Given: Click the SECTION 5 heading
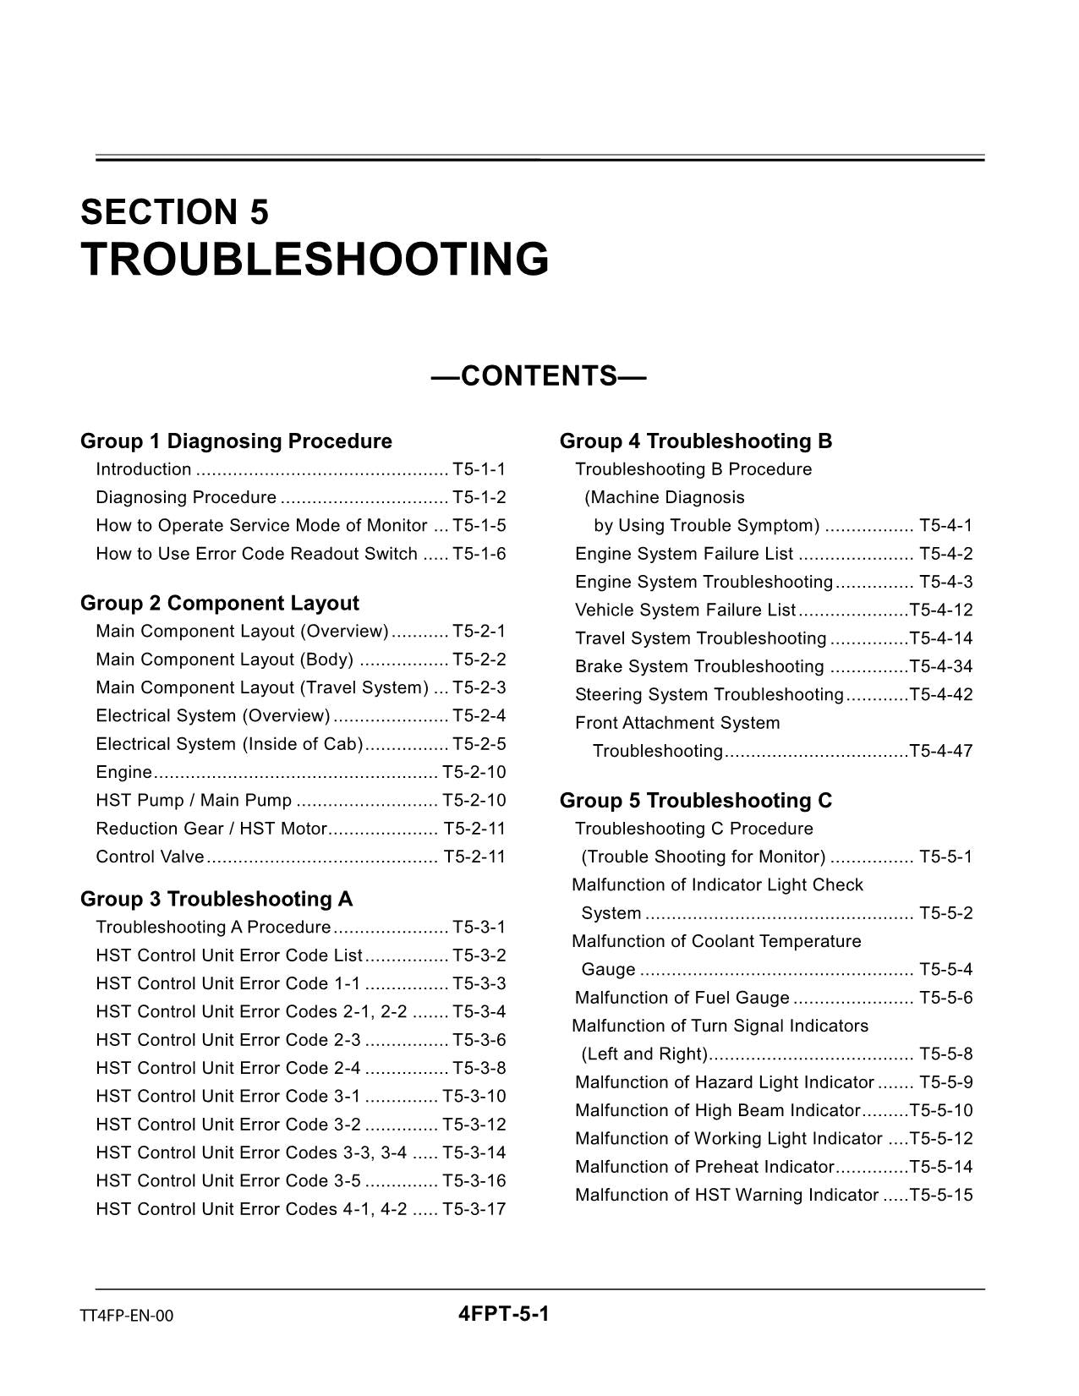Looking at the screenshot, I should pos(174,211).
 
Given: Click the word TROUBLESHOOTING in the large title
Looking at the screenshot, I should pos(315,259).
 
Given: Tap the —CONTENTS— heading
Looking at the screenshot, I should pos(539,375).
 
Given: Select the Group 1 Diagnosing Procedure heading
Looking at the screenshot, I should pos(236,441).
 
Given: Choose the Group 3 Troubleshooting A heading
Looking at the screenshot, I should pos(216,899).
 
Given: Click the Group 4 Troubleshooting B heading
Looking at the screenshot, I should pos(696,441).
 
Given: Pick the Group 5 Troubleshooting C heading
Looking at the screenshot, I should pos(696,801).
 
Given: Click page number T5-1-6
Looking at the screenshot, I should pos(479,554).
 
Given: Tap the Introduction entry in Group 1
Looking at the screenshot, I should pos(144,469).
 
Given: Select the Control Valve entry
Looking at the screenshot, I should pos(150,857).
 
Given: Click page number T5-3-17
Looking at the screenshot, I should pos(474,1209).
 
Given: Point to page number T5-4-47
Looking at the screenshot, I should pos(940,751).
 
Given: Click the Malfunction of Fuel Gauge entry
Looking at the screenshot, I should pos(682,998).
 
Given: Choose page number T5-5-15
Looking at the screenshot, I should pos(940,1195).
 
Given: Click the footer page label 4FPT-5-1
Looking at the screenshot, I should pos(504,1314).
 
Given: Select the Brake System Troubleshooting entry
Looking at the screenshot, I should pos(699,666).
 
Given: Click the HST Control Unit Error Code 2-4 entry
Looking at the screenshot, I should pos(228,1068).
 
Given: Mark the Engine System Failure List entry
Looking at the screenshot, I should pos(684,554).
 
